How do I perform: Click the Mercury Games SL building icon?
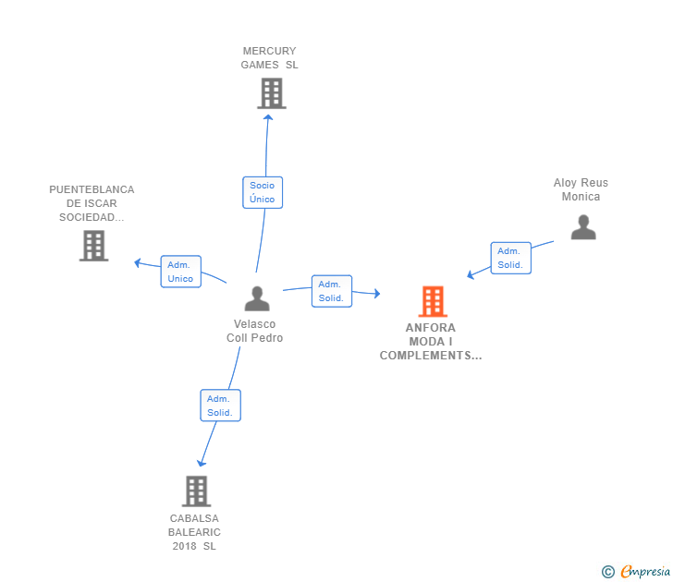click(x=271, y=93)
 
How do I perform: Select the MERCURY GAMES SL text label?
click(x=269, y=58)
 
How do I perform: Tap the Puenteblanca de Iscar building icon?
click(x=93, y=246)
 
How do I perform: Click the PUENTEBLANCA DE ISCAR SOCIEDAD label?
click(x=92, y=203)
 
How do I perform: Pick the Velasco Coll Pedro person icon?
click(x=257, y=298)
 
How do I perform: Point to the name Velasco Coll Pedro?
click(x=254, y=331)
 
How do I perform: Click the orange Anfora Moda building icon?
click(x=432, y=301)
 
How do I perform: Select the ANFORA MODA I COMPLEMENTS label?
click(x=431, y=342)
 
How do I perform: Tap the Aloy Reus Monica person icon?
click(x=583, y=227)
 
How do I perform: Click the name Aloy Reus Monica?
click(x=581, y=189)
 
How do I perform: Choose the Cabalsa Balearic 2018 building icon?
click(x=196, y=491)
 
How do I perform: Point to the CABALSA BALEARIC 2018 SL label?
click(x=195, y=532)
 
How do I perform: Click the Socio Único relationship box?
click(x=263, y=192)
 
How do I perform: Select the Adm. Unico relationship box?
click(x=180, y=272)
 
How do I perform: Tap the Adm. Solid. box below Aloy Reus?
click(x=510, y=258)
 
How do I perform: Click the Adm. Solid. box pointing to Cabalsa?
click(x=220, y=406)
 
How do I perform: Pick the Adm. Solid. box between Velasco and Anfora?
click(x=331, y=291)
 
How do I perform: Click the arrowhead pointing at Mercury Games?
click(x=268, y=116)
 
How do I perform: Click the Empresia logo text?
click(x=644, y=572)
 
